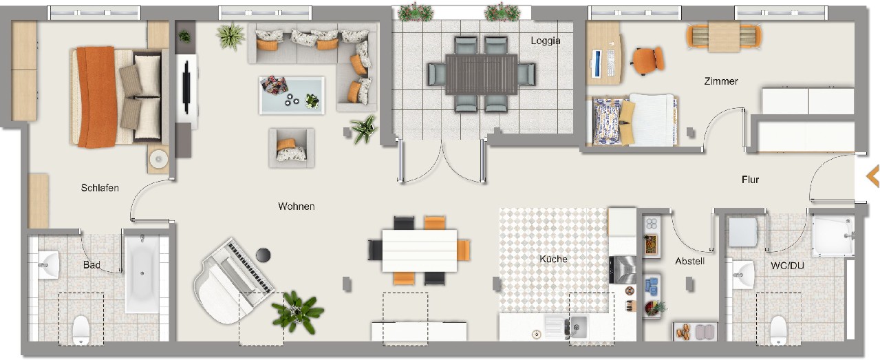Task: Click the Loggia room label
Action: point(546,41)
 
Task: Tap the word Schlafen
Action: point(100,188)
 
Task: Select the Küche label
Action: point(553,259)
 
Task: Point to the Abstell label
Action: point(690,261)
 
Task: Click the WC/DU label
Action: point(787,266)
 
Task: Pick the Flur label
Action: point(750,180)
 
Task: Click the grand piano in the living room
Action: point(233,281)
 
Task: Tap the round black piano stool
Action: point(264,255)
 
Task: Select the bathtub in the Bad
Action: point(142,273)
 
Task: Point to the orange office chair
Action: point(648,61)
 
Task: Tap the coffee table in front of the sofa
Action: point(292,96)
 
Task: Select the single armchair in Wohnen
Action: point(292,148)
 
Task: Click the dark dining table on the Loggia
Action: point(481,74)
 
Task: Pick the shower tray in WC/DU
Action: point(833,235)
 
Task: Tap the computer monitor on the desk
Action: point(596,63)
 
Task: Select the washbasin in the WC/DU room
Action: point(742,275)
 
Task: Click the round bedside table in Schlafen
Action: point(159,159)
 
